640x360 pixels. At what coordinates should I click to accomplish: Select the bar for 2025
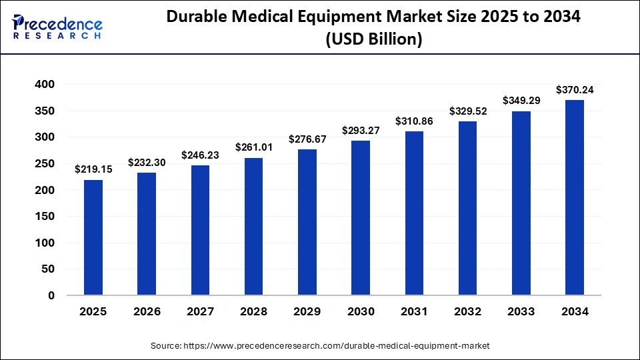tap(93, 237)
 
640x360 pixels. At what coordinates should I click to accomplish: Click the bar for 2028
tap(253, 227)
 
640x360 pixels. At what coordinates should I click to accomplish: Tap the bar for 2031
tap(414, 213)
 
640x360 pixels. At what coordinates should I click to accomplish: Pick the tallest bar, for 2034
tap(575, 197)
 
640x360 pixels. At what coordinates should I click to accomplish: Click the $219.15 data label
tap(93, 169)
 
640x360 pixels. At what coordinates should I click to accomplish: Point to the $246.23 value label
tap(200, 155)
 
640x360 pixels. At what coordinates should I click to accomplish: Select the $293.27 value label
tap(361, 130)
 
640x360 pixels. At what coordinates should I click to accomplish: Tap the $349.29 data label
tap(521, 101)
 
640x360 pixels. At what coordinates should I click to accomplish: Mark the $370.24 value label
tap(575, 89)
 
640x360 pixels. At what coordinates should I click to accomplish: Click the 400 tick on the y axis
tap(47, 85)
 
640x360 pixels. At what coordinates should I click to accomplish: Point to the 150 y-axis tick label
tap(47, 217)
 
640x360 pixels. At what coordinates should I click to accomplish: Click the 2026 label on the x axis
tap(147, 311)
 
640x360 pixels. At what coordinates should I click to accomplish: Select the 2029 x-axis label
tap(307, 311)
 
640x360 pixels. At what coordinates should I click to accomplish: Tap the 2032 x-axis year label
tap(467, 311)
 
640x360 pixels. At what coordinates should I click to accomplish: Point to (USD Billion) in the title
tap(373, 39)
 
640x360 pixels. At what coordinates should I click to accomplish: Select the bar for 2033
tap(521, 203)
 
